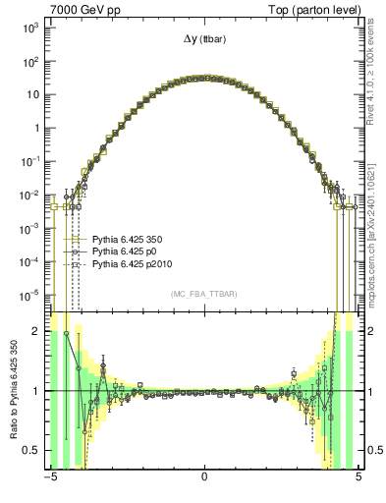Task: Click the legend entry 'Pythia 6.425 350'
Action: point(128,239)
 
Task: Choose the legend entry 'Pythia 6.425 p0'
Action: point(125,251)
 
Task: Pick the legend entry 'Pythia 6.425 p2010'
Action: point(131,265)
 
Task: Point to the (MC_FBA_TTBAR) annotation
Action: point(204,295)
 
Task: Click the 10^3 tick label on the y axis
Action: point(28,28)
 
